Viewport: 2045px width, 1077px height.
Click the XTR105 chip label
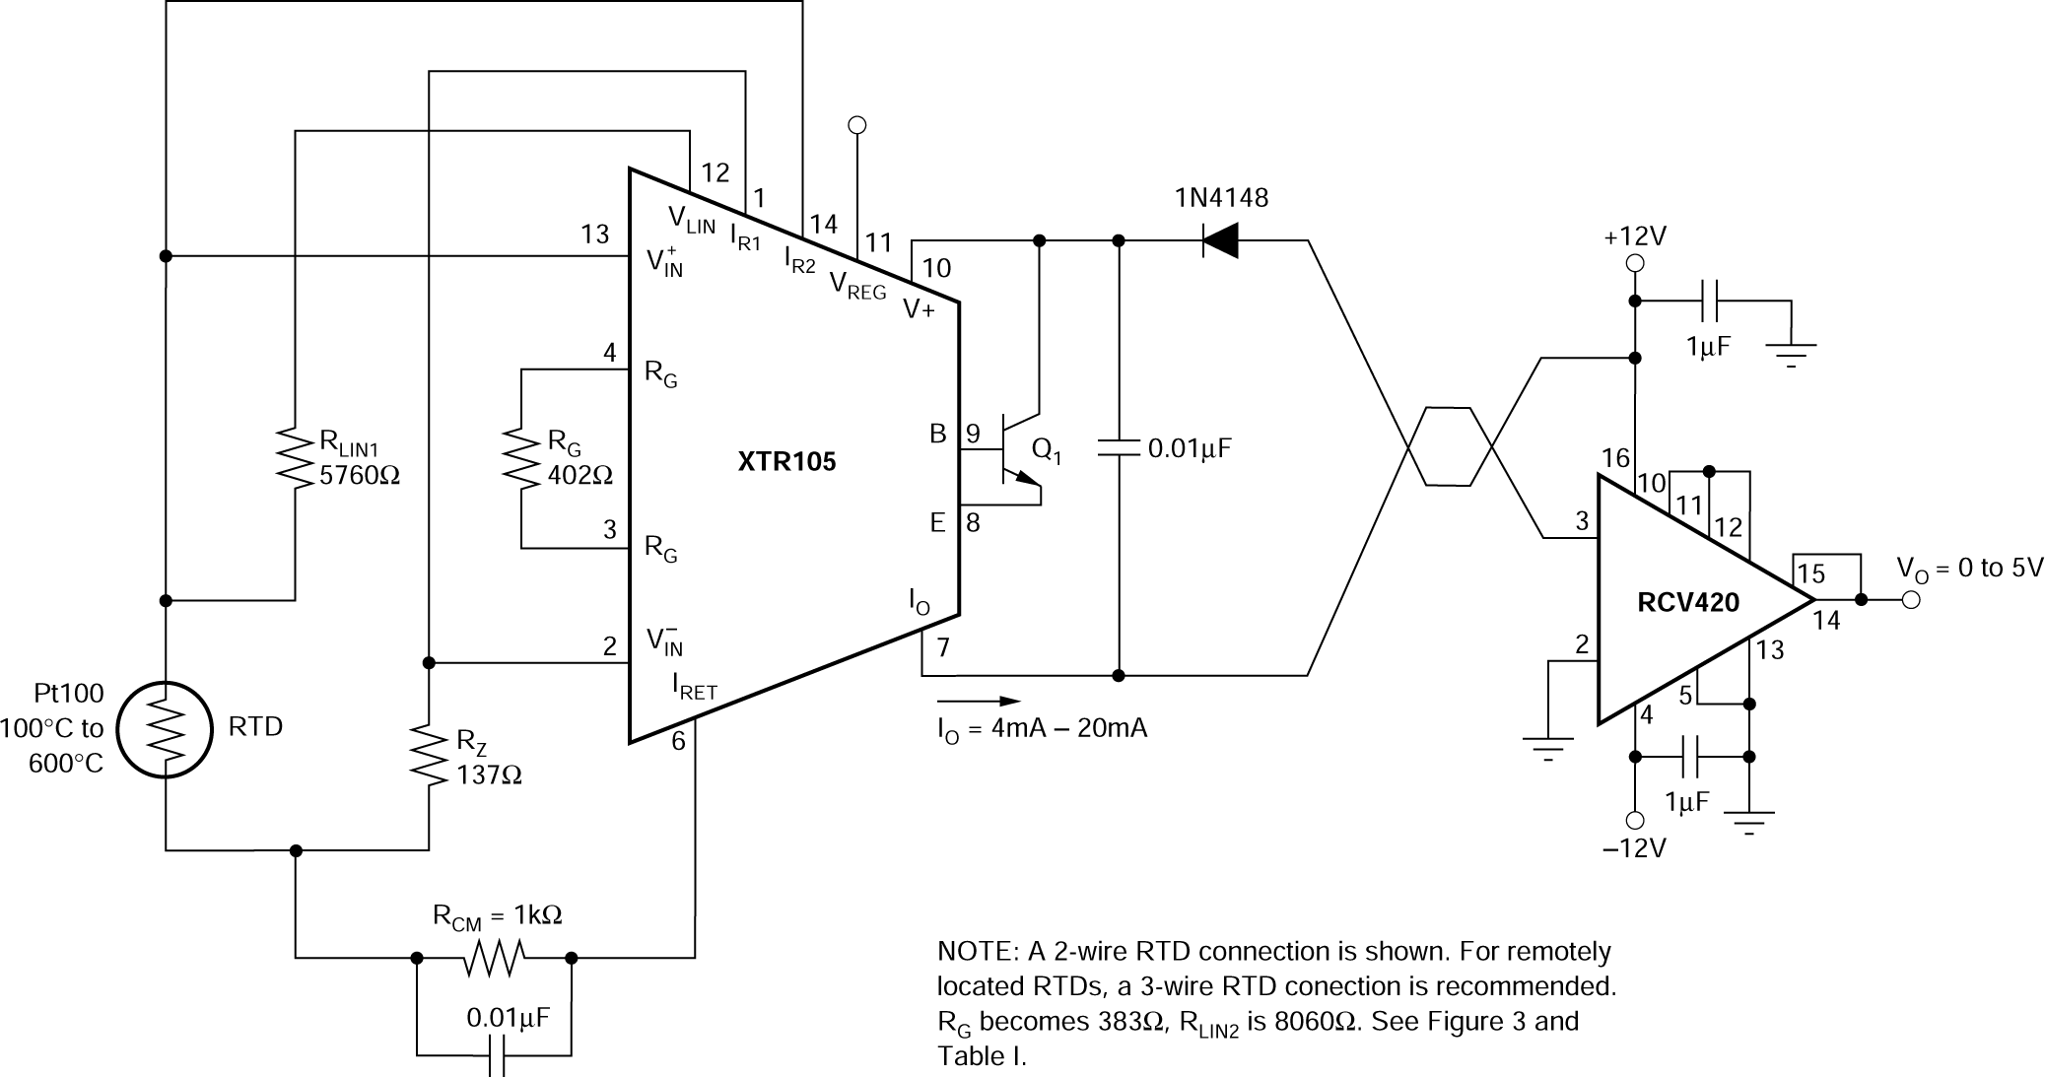coord(786,461)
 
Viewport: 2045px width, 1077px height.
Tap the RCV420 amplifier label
coord(1687,601)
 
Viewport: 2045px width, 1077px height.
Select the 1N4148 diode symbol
coord(1220,240)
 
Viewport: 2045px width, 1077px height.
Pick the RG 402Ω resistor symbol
coord(521,458)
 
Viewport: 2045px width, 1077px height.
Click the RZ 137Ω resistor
coord(429,756)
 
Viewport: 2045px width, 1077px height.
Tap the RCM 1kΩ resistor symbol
coord(494,957)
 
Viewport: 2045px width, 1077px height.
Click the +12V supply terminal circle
coord(1635,263)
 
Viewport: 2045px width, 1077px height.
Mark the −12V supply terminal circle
coord(1635,820)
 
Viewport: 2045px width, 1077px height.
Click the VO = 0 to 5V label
coord(1969,569)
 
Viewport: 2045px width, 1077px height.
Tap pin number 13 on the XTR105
coord(594,235)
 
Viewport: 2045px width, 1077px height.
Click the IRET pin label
coord(694,686)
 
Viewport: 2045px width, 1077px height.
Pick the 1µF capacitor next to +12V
coord(1709,301)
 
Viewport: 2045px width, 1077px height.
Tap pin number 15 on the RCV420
coord(1810,574)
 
